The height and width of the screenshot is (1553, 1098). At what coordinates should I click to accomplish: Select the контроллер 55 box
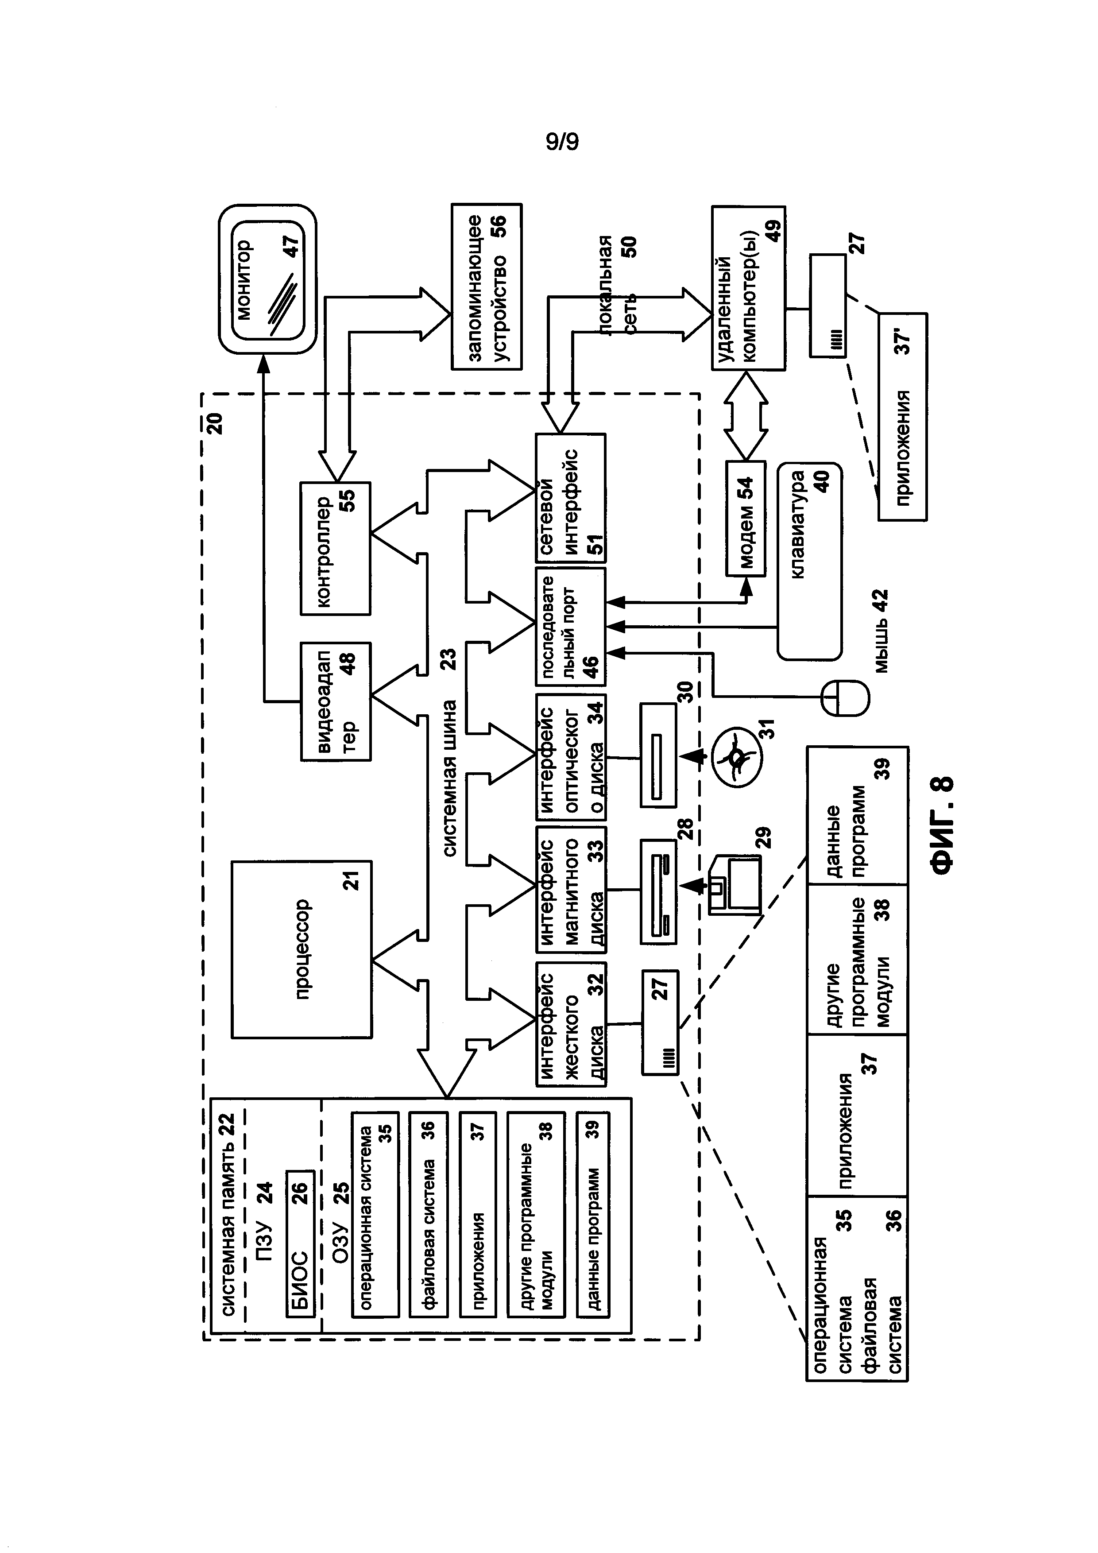pos(335,548)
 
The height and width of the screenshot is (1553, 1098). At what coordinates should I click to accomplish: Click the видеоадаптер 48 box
pos(335,701)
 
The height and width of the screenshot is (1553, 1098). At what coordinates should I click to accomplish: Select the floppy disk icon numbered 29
pos(735,885)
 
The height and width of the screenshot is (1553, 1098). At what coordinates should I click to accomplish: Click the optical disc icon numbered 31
pos(735,755)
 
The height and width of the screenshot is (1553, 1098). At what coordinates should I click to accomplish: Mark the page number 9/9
pos(563,142)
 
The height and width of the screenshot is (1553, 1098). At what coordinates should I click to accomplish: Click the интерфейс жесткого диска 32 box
pos(571,1024)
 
